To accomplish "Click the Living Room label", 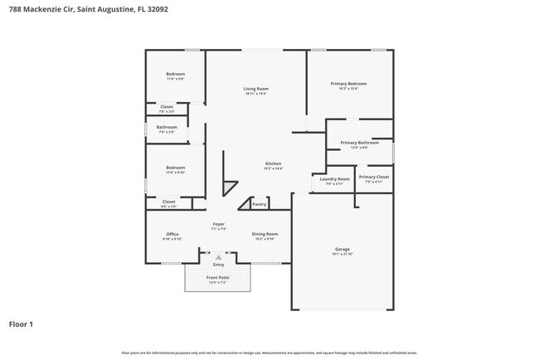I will pos(255,89).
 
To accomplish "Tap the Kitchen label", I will pos(274,163).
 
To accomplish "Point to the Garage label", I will pos(342,249).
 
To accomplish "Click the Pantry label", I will pos(260,204).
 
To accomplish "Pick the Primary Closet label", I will pos(373,177).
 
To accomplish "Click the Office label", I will pos(172,234).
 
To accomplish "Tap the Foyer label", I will pos(219,224).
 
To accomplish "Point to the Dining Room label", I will pos(265,234).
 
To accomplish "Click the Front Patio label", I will pos(218,277).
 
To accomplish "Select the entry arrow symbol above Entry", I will pos(218,257).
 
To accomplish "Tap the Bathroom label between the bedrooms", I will pos(167,127).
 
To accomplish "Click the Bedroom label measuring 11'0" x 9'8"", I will pos(175,74).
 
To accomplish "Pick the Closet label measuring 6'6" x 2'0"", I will pos(168,201).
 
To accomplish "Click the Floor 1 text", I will pos(22,324).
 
